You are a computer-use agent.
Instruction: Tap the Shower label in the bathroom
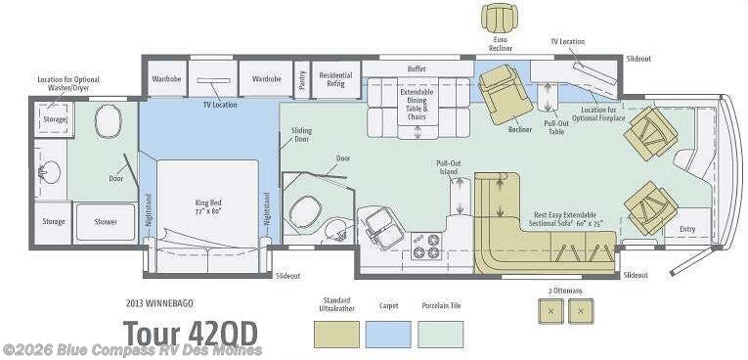pos(106,222)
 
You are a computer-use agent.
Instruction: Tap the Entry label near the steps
pos(688,230)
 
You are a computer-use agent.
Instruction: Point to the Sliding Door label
pos(301,134)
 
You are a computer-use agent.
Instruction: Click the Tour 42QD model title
pos(191,334)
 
